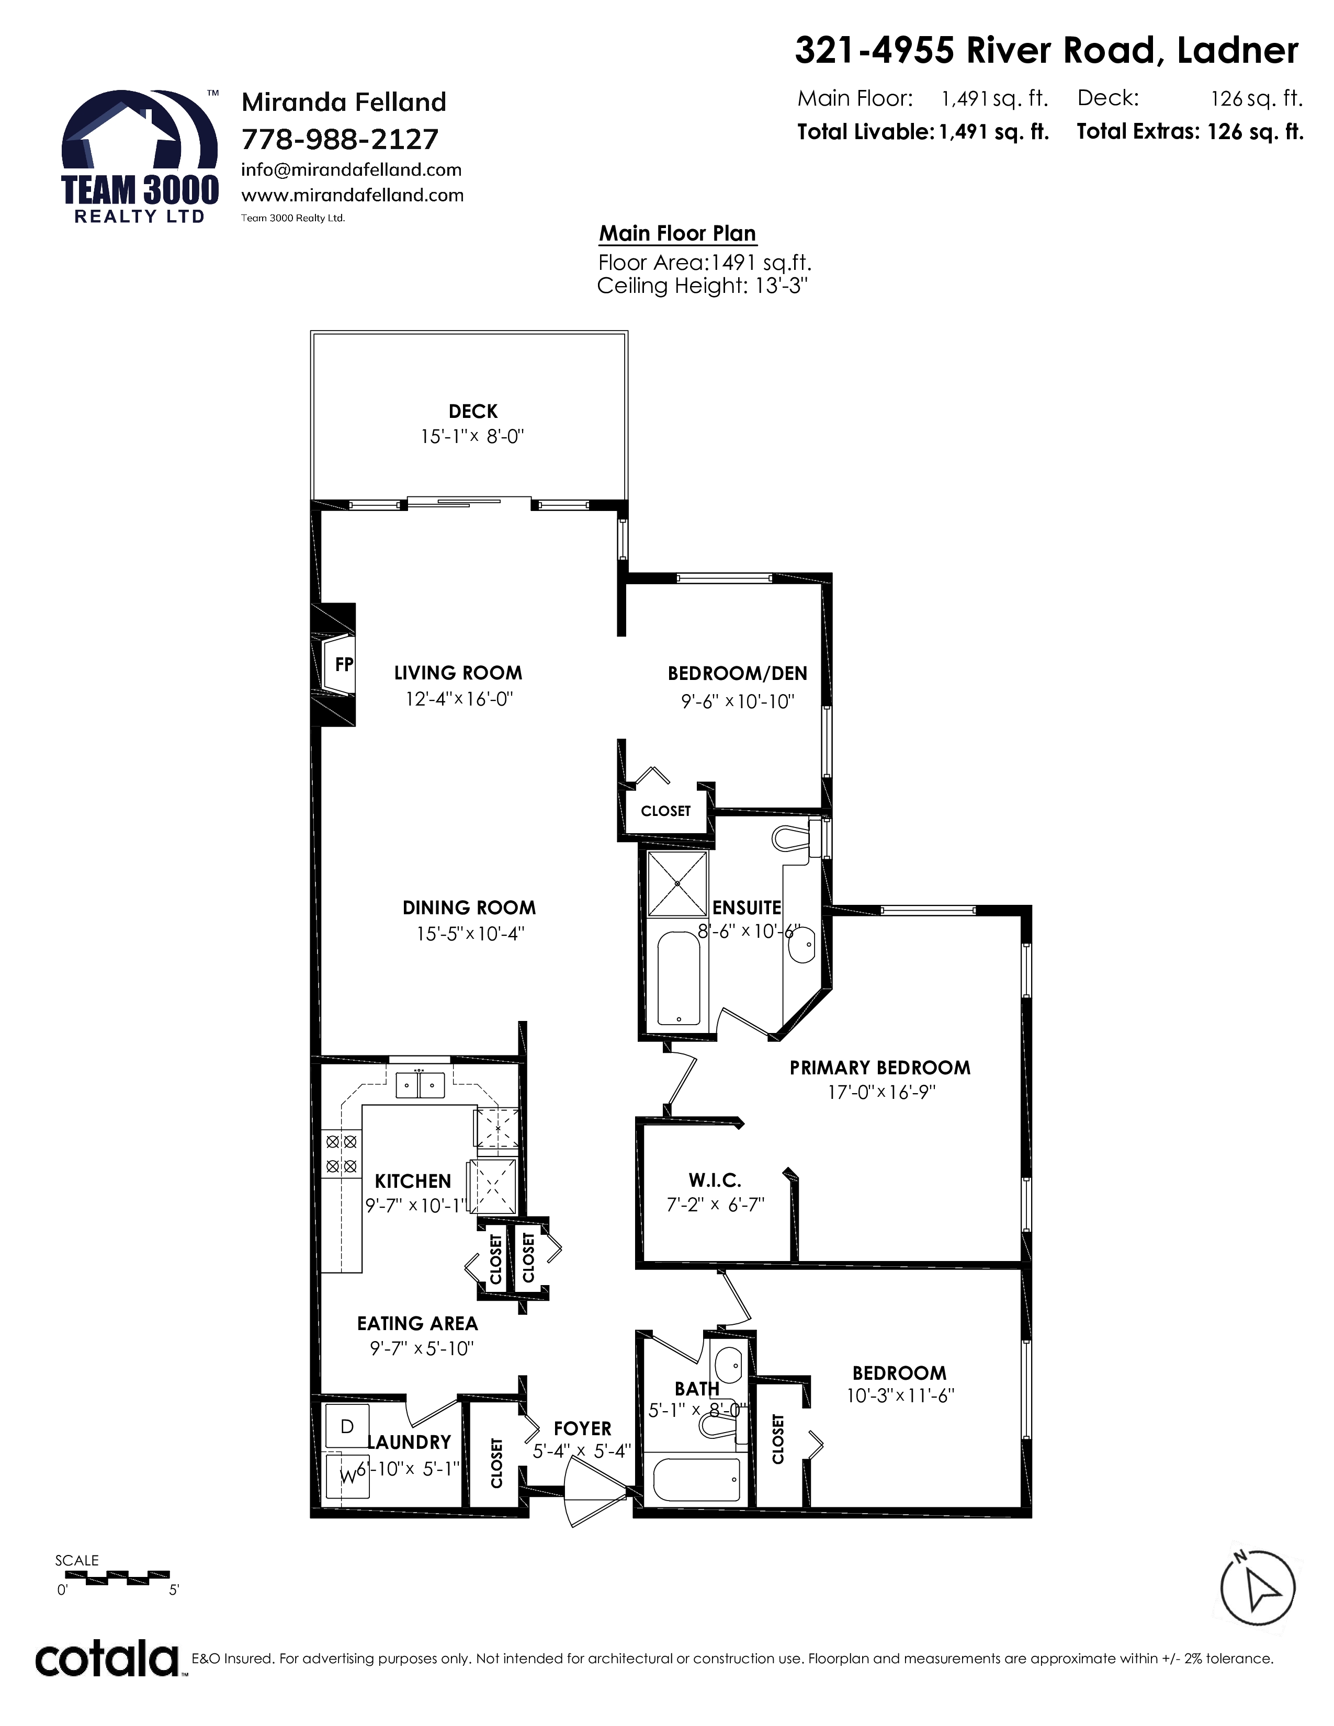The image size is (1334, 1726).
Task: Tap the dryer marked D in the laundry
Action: (x=347, y=1426)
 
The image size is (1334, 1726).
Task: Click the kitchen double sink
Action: (x=420, y=1085)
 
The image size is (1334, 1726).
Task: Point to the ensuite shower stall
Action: (x=678, y=883)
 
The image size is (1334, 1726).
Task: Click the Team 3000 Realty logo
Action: (x=140, y=156)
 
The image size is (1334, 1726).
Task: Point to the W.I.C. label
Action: (x=715, y=1180)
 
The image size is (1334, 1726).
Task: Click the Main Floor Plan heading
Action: (x=677, y=233)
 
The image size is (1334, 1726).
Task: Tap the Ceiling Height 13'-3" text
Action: (x=702, y=285)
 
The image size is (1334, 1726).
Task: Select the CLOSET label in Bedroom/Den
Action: (x=665, y=811)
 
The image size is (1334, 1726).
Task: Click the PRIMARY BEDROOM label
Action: (x=879, y=1068)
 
